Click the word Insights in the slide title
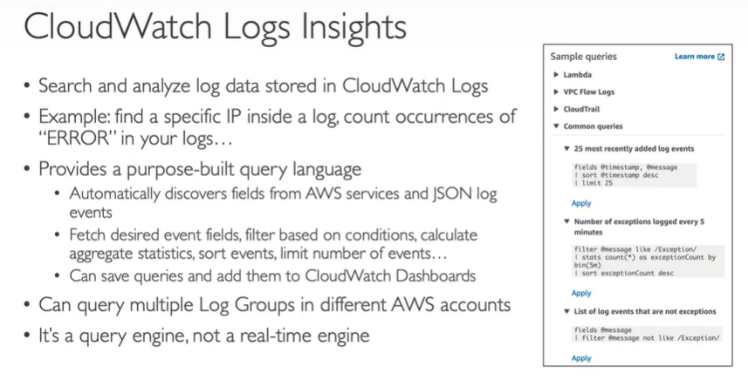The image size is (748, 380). tap(350, 28)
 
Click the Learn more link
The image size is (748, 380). tap(698, 57)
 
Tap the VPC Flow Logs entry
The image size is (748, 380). tap(589, 92)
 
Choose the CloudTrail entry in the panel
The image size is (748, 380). tap(582, 109)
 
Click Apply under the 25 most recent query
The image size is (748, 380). tap(580, 203)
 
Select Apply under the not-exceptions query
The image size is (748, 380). tap(580, 358)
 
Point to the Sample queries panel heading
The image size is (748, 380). tap(583, 57)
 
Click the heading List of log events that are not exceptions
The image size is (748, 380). tap(645, 311)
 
